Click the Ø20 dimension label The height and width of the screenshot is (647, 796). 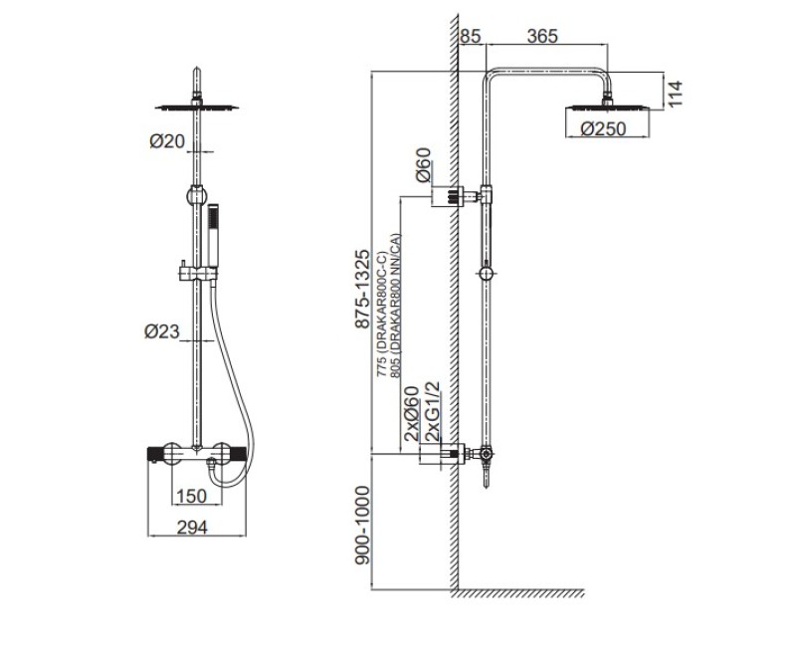coord(167,141)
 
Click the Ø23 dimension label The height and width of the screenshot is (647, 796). coord(162,331)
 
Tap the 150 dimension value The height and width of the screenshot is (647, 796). coord(192,496)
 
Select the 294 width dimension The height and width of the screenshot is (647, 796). coord(192,528)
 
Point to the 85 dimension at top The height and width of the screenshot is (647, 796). coord(470,36)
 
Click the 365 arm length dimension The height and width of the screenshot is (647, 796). coord(542,36)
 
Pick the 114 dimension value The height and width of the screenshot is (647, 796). coord(676,94)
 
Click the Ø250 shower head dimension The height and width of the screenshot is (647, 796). coord(604,129)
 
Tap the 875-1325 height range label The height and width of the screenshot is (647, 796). coord(362,289)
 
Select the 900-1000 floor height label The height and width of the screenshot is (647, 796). coord(362,526)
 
